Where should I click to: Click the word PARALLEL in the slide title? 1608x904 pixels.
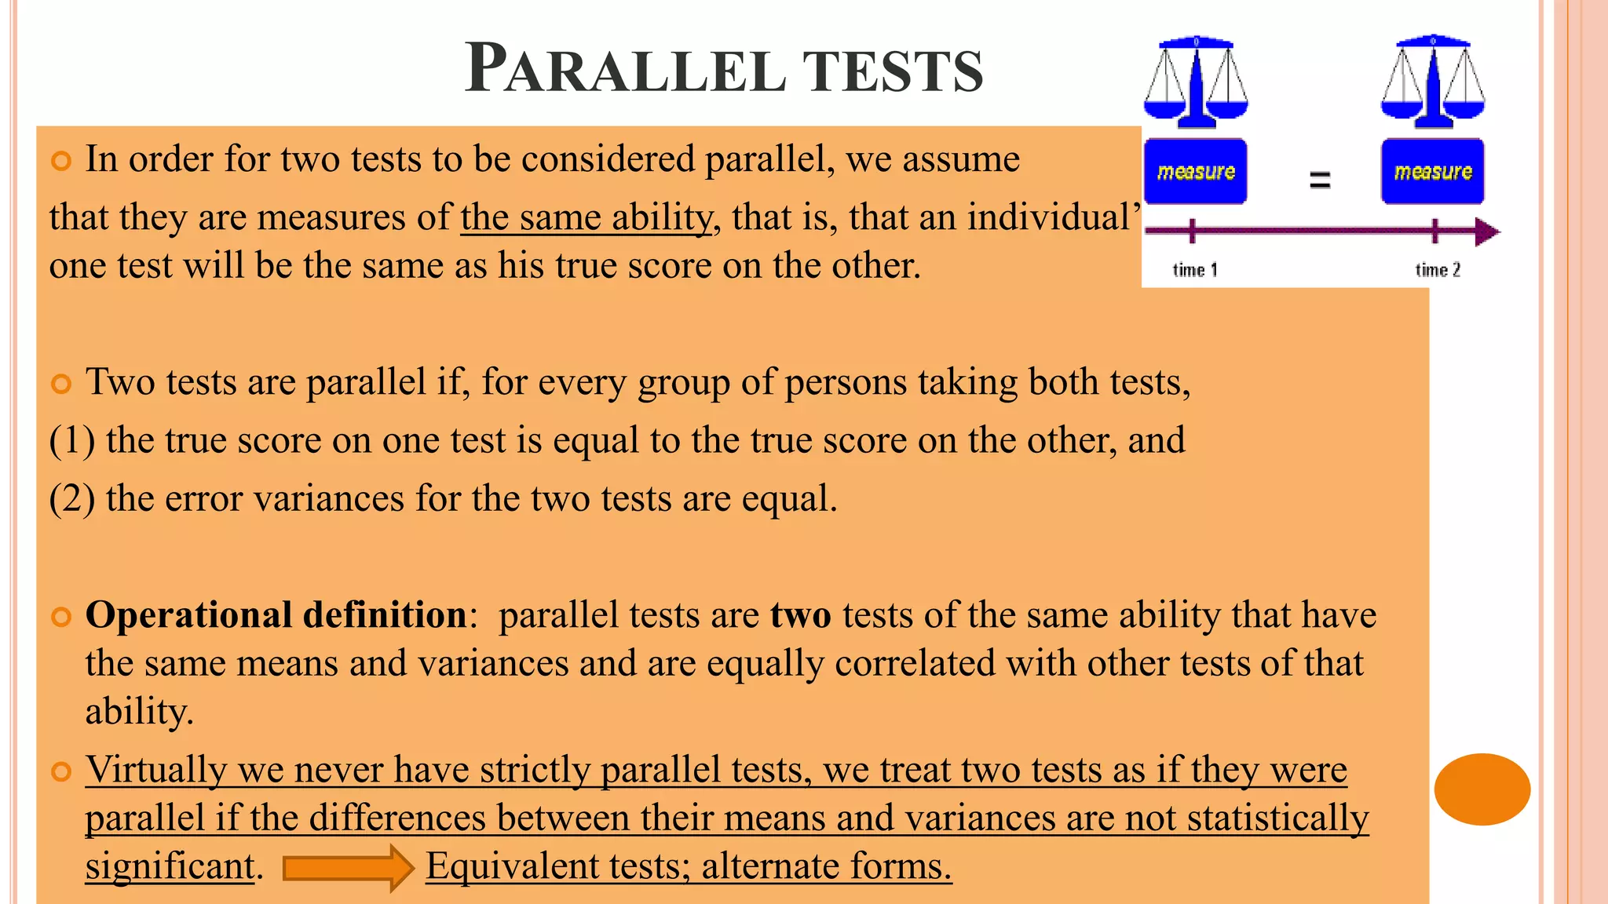(x=625, y=69)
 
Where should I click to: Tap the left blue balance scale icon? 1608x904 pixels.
(x=1196, y=82)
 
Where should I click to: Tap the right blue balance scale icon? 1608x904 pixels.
(x=1433, y=82)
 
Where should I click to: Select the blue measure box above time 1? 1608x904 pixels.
(x=1195, y=172)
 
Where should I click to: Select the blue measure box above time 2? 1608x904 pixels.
(x=1433, y=172)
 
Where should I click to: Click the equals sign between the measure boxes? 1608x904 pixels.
(x=1320, y=180)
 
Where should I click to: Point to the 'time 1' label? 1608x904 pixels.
(x=1194, y=271)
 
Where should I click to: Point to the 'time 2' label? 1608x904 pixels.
(x=1438, y=271)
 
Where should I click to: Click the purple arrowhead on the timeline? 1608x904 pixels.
(x=1486, y=231)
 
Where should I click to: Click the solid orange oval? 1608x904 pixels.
(x=1482, y=789)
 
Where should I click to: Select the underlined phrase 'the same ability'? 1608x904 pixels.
(x=586, y=217)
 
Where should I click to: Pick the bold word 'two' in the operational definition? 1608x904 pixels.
(x=800, y=614)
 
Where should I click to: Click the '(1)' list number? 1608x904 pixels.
(x=72, y=440)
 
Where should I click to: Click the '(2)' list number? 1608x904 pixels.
(x=72, y=498)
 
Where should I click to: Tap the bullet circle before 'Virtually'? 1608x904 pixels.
(x=60, y=772)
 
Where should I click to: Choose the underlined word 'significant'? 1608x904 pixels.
(x=170, y=866)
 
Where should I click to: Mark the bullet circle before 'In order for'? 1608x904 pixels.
(x=60, y=162)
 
